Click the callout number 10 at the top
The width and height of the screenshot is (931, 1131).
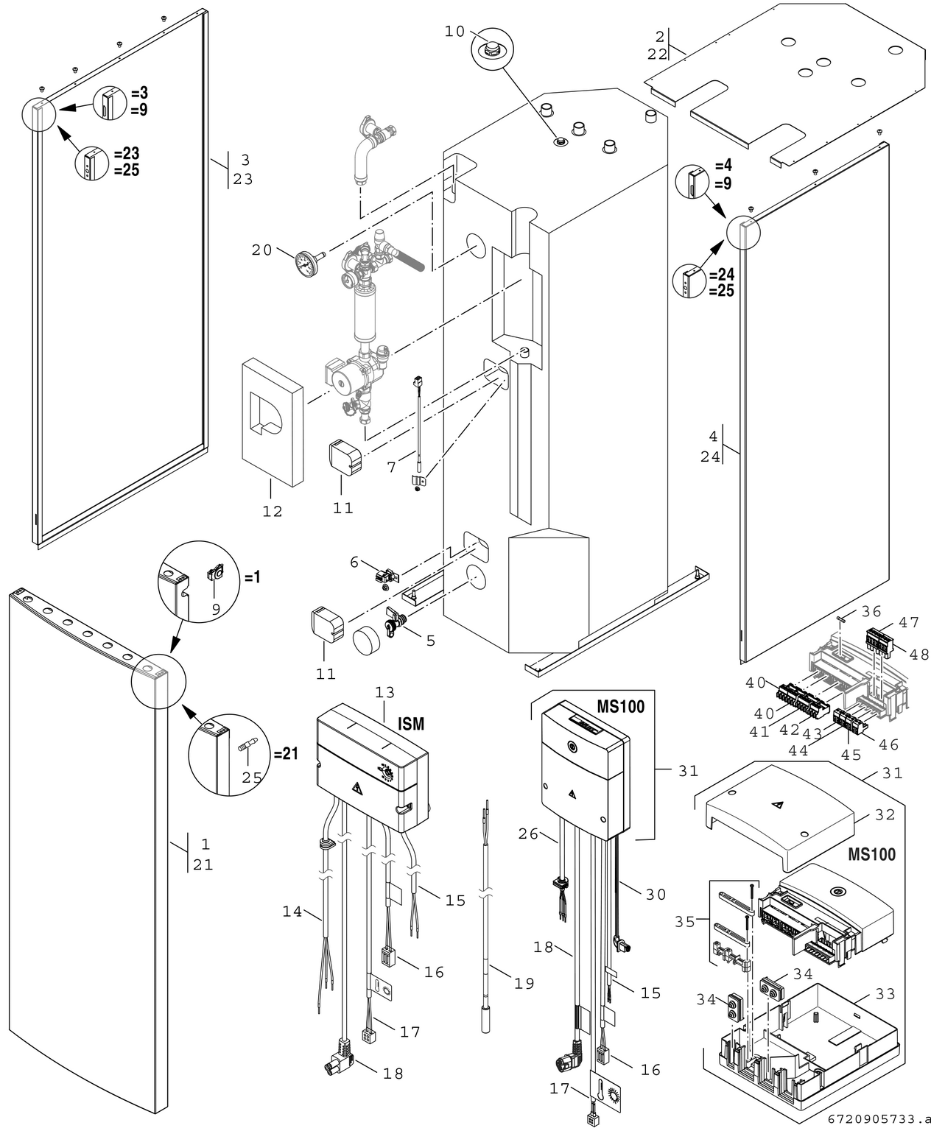(x=454, y=31)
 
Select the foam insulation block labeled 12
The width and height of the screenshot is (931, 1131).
(x=272, y=420)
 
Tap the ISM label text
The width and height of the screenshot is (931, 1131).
(x=411, y=724)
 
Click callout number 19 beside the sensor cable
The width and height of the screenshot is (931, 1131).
(x=524, y=983)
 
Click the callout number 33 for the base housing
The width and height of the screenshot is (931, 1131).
(x=885, y=994)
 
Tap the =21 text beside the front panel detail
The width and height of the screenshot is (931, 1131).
(x=286, y=754)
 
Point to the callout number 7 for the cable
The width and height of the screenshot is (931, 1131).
(x=391, y=467)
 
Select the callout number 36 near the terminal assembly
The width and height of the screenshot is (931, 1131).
(x=871, y=611)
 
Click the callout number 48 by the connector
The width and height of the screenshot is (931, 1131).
(x=918, y=653)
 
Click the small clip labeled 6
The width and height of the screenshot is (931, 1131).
(x=384, y=577)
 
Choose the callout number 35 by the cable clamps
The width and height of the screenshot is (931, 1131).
(x=685, y=921)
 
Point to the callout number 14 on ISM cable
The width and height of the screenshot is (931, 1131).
(x=292, y=912)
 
